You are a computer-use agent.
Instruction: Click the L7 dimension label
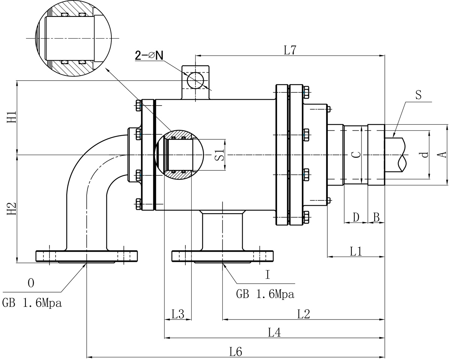coord(290,51)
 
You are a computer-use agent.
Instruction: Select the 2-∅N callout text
coord(149,55)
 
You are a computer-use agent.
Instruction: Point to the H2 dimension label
coord(12,208)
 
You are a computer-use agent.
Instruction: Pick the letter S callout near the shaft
coord(418,95)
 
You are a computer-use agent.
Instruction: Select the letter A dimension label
coord(442,154)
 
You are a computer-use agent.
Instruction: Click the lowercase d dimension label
coord(424,154)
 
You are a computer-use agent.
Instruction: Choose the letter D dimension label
coord(356,217)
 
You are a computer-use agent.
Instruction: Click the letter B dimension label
coord(376,217)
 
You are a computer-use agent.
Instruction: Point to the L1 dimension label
coord(355,251)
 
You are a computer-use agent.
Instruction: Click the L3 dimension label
coord(178,314)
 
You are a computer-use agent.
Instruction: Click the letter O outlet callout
coord(31,284)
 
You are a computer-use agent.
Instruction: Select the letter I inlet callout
coord(267,275)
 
